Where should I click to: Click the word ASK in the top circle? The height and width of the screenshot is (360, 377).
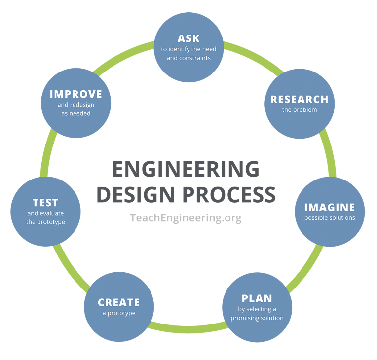pos(188,38)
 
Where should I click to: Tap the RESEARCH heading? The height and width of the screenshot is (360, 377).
pos(299,99)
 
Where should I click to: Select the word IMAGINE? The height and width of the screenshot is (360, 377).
pos(329,207)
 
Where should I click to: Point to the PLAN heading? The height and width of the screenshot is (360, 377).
pos(257,298)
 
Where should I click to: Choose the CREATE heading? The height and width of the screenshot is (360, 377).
pos(118,302)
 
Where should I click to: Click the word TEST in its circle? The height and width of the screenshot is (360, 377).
pos(45,202)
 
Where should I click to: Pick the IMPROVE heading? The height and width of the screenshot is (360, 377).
pos(75,94)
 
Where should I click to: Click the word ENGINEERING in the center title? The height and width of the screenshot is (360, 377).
pos(186,169)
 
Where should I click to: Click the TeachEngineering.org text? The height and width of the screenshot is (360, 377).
pos(186,217)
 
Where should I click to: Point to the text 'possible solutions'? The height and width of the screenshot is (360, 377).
pos(329,218)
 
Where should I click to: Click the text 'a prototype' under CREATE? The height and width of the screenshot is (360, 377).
pos(118,313)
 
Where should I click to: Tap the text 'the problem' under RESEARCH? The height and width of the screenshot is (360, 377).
pos(299,110)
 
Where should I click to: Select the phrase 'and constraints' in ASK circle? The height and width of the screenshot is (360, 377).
pos(188,58)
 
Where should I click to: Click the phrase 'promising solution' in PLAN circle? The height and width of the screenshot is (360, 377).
pos(257,318)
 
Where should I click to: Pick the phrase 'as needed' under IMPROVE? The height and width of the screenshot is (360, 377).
pos(75,113)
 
